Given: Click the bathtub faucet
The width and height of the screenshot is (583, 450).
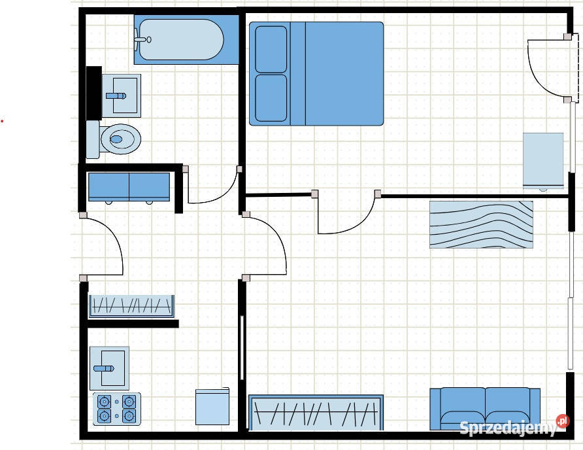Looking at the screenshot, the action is click(x=142, y=39).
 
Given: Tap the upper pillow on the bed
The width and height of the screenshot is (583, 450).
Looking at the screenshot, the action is click(x=271, y=49).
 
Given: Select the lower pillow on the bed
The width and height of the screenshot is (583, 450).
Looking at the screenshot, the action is click(x=271, y=98).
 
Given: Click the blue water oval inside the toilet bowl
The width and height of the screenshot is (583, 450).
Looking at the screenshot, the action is click(x=116, y=139).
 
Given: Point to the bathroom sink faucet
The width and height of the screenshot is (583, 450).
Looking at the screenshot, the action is click(x=116, y=96).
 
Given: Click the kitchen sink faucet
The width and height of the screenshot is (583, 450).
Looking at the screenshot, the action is click(x=104, y=368).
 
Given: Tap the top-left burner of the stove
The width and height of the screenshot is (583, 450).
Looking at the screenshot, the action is click(x=104, y=402).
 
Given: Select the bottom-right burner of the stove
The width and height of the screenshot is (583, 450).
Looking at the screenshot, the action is click(x=129, y=416).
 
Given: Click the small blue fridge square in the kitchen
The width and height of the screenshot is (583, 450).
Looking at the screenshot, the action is click(x=212, y=406).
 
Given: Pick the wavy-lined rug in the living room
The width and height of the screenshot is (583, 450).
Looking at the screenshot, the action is click(x=481, y=224).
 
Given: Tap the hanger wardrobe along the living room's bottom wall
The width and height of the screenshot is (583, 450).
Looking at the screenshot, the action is click(x=316, y=413).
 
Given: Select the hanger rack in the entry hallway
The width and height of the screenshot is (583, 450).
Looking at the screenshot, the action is click(x=131, y=306).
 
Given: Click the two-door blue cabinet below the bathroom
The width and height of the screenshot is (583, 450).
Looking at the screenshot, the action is click(x=129, y=187).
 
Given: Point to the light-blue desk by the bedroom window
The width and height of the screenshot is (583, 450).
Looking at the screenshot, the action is click(x=543, y=160).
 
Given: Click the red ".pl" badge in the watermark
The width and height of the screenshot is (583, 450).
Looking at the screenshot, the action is click(x=563, y=421).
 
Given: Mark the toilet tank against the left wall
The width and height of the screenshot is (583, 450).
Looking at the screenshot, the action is click(x=93, y=139).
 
